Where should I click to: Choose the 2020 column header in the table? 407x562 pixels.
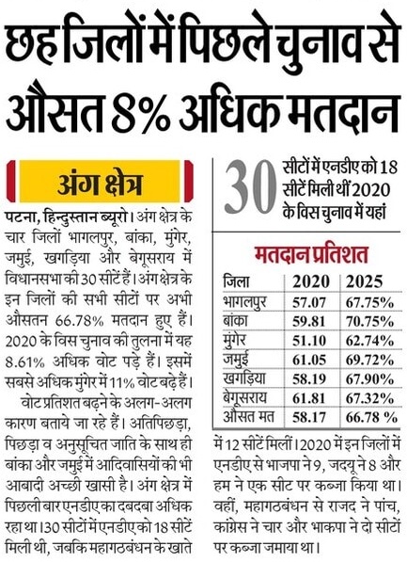(x=312, y=281)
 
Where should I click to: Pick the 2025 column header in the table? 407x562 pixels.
(x=369, y=281)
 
